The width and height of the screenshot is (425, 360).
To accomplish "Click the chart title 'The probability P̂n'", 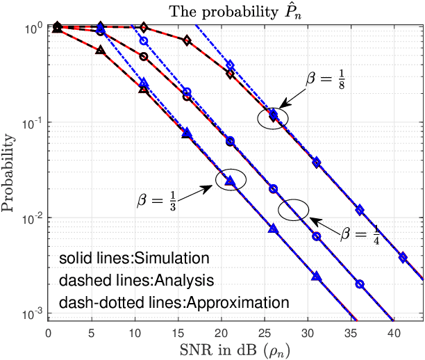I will [235, 10].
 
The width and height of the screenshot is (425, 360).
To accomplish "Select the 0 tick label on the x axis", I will [47, 332].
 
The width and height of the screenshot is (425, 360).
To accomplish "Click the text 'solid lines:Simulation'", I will [134, 259].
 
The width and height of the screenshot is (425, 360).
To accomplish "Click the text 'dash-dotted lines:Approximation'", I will [174, 303].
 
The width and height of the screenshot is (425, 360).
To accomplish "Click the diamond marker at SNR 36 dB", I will [360, 210].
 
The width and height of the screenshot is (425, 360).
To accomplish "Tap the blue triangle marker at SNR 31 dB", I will [317, 276].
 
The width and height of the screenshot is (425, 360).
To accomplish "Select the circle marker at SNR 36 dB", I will [360, 284].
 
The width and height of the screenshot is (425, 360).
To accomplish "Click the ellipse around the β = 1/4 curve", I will [294, 209].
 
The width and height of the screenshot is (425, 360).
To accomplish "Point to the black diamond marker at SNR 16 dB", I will [186, 40].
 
